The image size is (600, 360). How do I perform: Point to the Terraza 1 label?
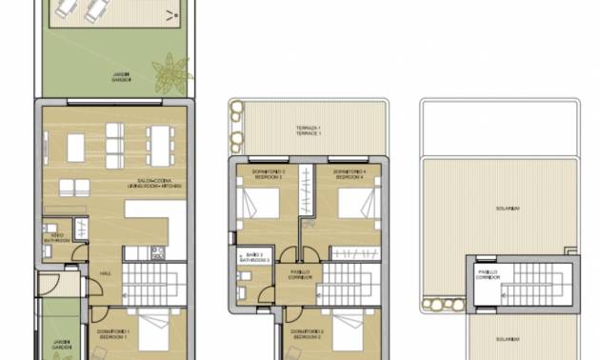pos(308,131)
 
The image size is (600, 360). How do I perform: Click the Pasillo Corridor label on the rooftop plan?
pos(488,275)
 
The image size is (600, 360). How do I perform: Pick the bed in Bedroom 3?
pos(259,203)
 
